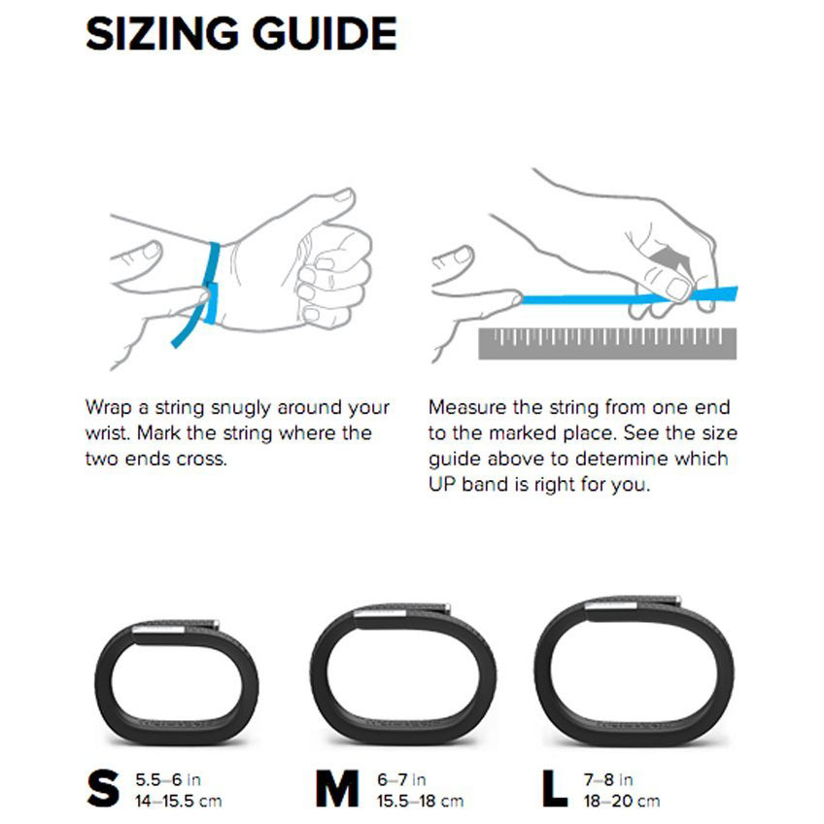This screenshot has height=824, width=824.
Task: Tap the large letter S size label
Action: click(103, 789)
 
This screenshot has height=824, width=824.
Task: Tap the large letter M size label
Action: click(337, 789)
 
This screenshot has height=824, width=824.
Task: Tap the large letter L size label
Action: click(555, 789)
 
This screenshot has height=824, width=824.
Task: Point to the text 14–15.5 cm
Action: click(179, 801)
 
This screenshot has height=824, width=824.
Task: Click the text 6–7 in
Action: click(400, 779)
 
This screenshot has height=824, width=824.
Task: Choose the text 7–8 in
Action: click(607, 779)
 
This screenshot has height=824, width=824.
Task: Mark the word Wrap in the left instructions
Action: click(109, 408)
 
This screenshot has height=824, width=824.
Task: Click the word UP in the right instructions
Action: click(441, 484)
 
